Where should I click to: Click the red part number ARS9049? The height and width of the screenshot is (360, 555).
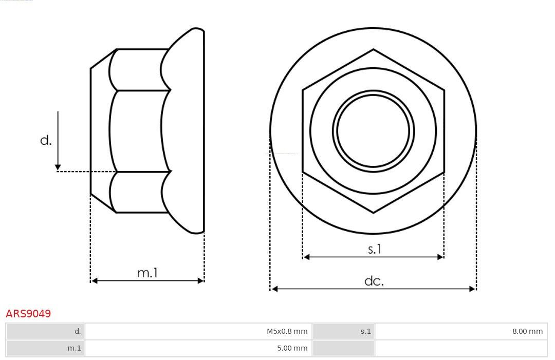28,313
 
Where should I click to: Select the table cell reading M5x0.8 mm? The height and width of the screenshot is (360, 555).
198,331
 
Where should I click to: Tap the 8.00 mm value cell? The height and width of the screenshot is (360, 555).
461,331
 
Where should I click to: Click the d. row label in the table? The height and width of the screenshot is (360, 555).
45,331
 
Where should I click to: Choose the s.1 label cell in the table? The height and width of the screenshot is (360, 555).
343,331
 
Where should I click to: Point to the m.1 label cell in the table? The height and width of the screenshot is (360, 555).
45,348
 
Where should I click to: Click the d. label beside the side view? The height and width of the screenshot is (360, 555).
46,140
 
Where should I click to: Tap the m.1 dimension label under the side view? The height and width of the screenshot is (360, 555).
147,273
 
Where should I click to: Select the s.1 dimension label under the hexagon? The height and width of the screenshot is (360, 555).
374,249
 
